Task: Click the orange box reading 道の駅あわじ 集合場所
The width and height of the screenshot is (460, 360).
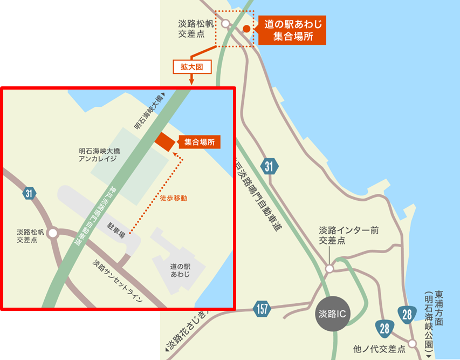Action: point(292,31)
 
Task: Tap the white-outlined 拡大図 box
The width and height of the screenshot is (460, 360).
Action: point(191,66)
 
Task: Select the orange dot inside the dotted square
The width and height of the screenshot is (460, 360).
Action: point(246,29)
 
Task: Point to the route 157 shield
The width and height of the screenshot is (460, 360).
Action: point(263,308)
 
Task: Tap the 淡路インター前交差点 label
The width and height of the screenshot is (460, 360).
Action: point(348,235)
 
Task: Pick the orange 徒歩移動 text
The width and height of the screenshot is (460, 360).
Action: point(173,198)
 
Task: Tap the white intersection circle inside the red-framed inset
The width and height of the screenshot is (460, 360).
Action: point(52,233)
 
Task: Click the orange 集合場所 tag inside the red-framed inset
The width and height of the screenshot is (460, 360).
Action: point(199,142)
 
